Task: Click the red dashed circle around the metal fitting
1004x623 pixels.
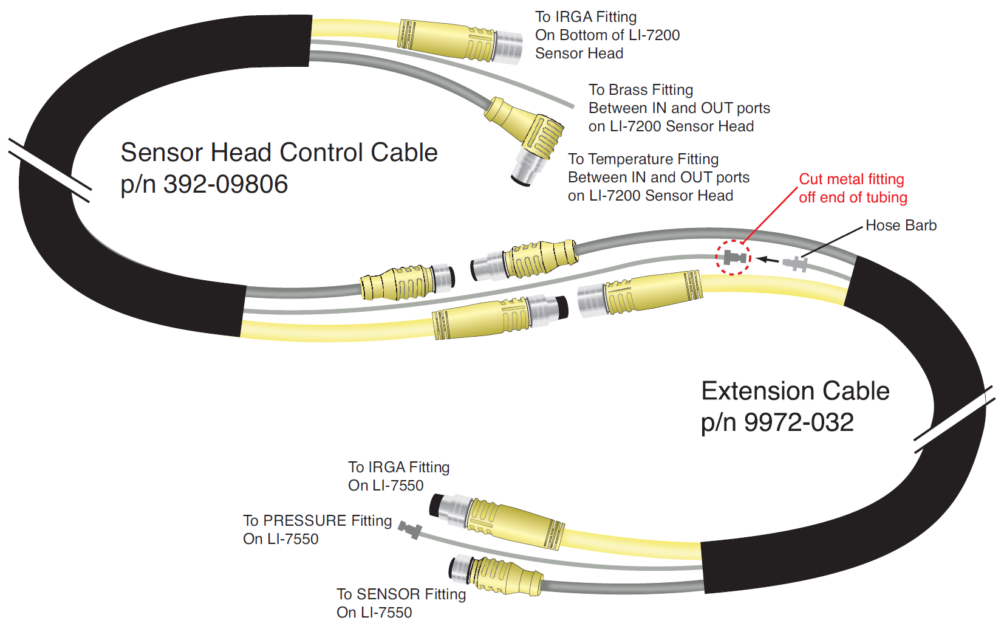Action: tap(733, 257)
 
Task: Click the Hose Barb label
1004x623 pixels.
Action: tap(901, 225)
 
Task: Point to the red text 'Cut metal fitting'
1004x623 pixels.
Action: tap(851, 179)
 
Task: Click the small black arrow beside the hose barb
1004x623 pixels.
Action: tap(768, 260)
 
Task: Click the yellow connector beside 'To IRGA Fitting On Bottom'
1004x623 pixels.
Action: tap(462, 40)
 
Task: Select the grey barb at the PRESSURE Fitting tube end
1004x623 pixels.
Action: tap(411, 529)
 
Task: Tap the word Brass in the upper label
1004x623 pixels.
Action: tap(627, 90)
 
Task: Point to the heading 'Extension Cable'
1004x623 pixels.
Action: tap(795, 391)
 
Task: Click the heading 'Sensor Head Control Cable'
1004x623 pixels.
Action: tap(279, 153)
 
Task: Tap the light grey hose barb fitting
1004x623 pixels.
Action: tap(796, 264)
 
